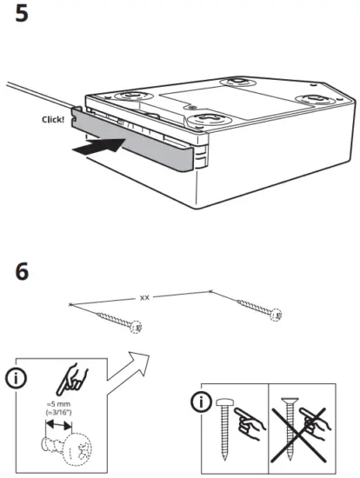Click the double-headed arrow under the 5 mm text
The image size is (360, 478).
(59, 426)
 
